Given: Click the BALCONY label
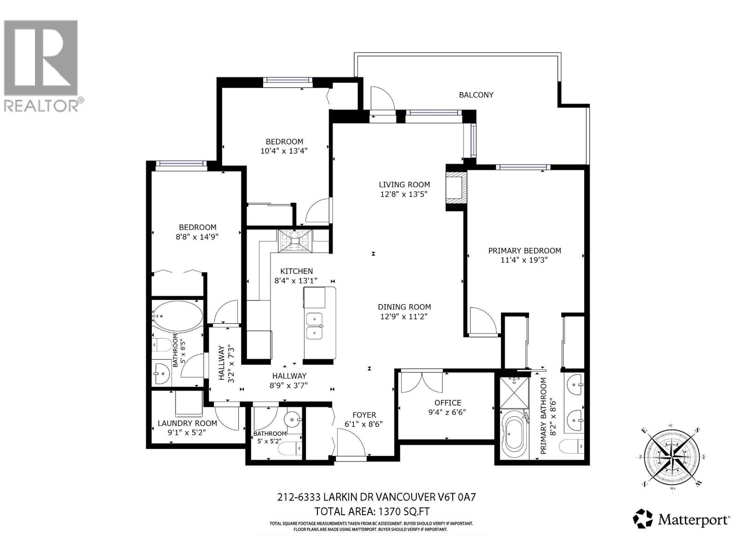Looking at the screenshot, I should (x=476, y=95).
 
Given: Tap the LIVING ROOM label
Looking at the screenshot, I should (x=404, y=184).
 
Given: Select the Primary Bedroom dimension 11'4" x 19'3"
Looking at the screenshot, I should (x=524, y=260).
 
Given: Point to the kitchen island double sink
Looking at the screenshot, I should (x=315, y=325).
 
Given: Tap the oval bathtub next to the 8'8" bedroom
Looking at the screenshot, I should (x=178, y=316).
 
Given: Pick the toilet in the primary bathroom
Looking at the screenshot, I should (x=572, y=446).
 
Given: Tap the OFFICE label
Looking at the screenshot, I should (x=448, y=402).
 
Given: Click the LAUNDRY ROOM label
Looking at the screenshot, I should (x=187, y=423).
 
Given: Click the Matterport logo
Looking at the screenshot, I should (x=681, y=520).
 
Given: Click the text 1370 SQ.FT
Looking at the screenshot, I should (x=403, y=511).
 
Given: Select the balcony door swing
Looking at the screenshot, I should (x=382, y=99).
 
